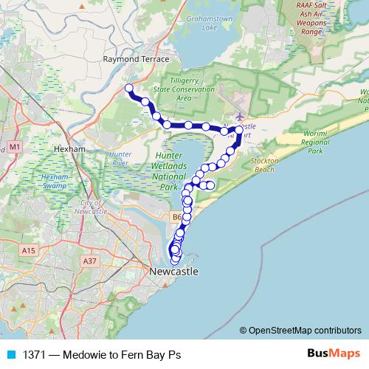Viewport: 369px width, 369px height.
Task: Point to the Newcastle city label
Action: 173,272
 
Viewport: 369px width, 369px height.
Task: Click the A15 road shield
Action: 29,251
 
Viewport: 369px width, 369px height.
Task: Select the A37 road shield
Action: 90,261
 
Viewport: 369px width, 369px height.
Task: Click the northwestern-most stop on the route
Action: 129,89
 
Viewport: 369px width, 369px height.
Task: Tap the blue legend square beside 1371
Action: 11,354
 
